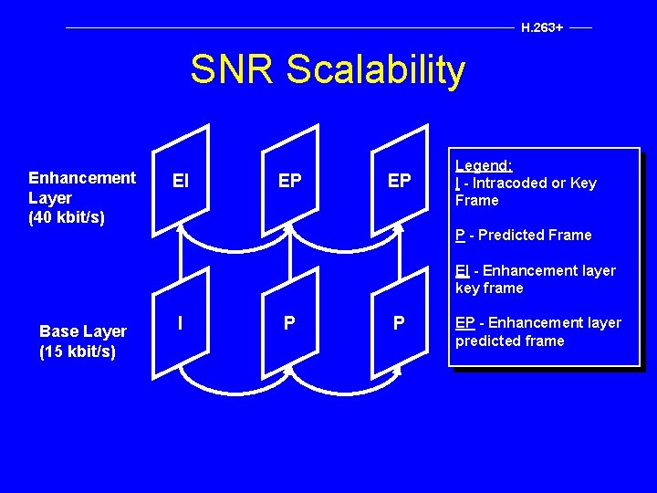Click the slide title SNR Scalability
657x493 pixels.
328,69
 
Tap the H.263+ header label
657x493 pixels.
541,27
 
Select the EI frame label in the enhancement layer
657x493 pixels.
181,182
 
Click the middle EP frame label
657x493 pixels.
289,181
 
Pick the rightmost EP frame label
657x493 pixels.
399,181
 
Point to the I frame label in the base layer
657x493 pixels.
180,322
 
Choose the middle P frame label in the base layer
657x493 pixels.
289,323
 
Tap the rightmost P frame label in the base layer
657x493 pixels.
399,323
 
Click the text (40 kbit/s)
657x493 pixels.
67,217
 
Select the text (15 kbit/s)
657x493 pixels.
78,351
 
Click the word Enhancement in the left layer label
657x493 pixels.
82,177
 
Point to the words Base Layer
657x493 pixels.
83,331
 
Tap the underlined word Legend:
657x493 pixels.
484,165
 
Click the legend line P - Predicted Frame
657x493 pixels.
524,236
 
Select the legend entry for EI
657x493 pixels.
536,279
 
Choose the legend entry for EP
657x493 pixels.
538,331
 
